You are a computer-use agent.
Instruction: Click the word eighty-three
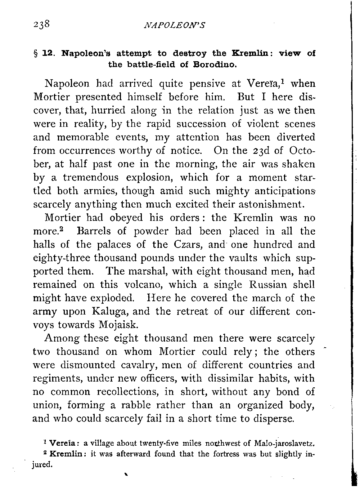pyautogui.click(x=62, y=258)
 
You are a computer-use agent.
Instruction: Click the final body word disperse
pyautogui.click(x=273, y=419)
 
